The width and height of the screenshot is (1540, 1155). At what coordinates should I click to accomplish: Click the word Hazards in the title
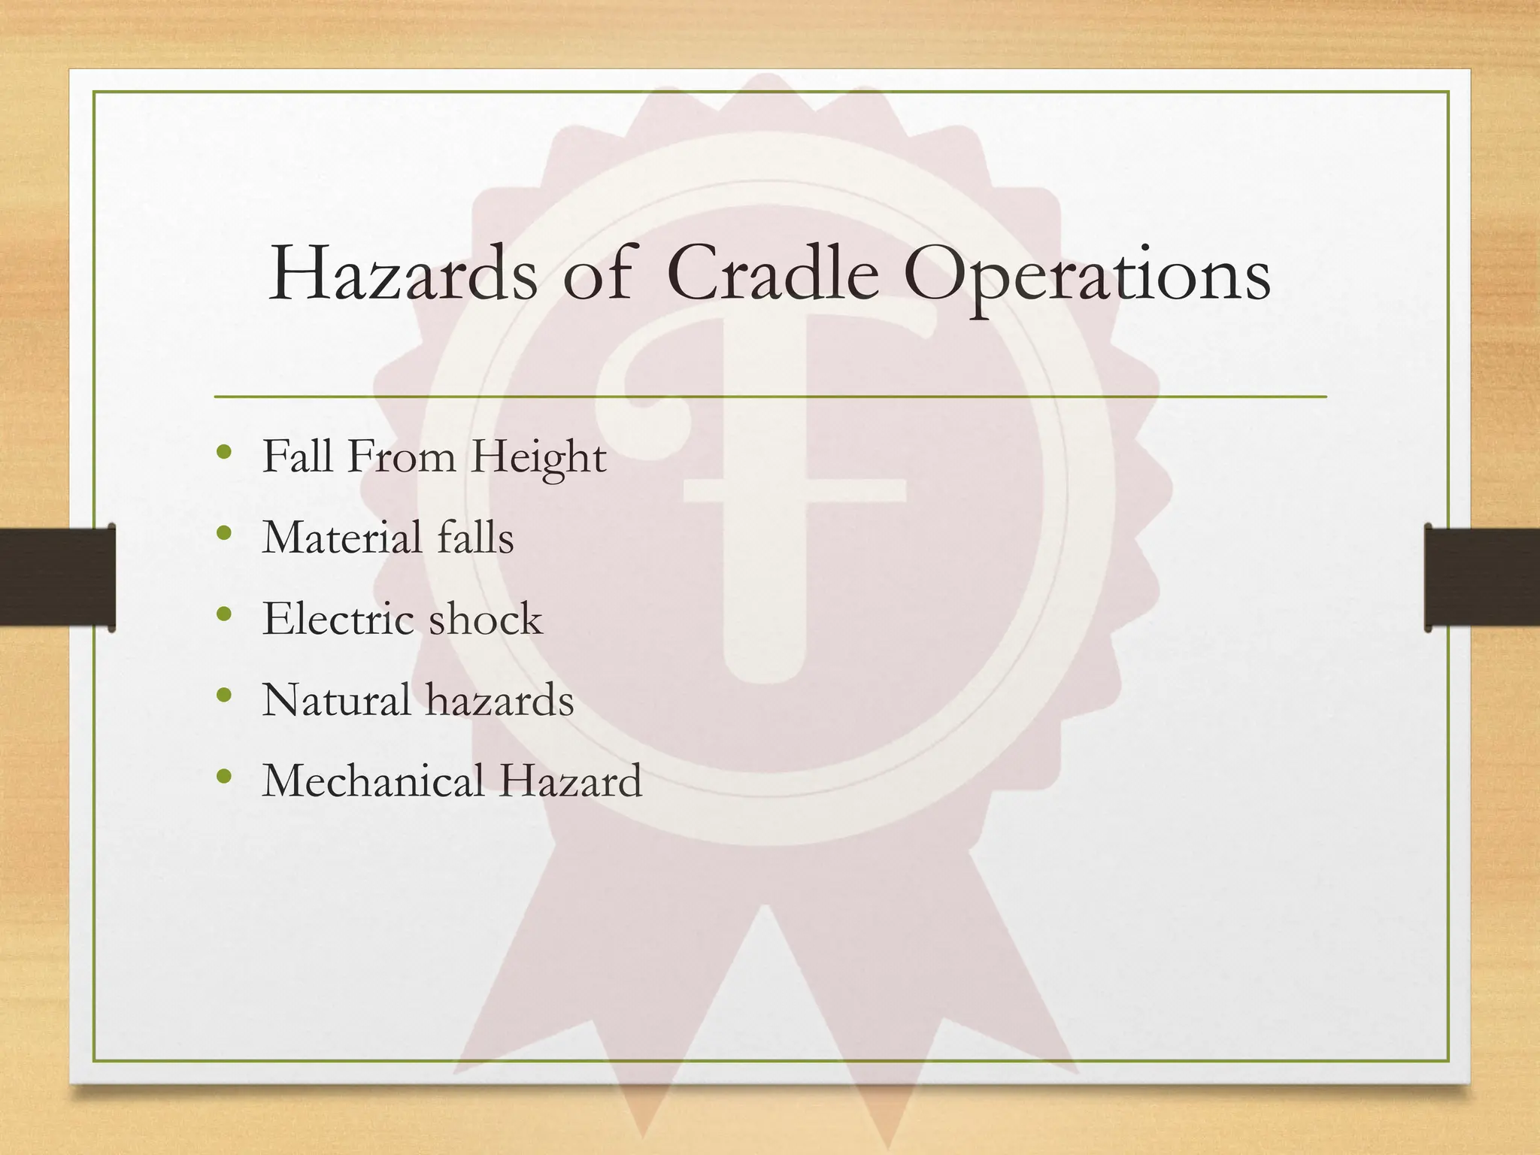403,275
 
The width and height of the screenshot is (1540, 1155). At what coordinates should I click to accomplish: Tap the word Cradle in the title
772,275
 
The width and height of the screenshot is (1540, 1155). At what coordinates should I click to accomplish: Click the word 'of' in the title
597,275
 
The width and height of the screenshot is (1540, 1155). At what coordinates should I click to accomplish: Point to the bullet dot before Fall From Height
223,453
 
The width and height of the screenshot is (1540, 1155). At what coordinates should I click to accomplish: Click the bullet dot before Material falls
223,534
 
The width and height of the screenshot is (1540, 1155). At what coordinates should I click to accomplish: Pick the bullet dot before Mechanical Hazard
223,776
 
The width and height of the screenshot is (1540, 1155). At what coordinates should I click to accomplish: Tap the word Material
342,538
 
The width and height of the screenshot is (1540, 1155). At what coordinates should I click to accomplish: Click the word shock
485,620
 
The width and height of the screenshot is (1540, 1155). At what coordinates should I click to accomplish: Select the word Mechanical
373,781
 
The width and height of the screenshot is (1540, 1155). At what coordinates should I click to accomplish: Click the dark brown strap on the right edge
1482,577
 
